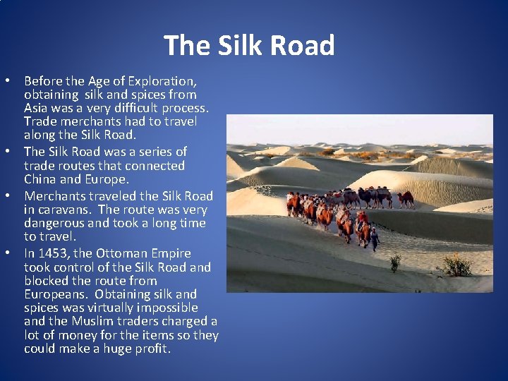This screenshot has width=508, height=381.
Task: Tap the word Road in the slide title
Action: (x=301, y=46)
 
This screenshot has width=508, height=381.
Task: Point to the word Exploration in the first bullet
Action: (x=162, y=81)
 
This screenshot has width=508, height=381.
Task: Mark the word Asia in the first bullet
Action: (x=36, y=108)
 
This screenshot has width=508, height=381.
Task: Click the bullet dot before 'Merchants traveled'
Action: (x=15, y=195)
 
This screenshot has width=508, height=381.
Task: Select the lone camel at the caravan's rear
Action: (x=405, y=198)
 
